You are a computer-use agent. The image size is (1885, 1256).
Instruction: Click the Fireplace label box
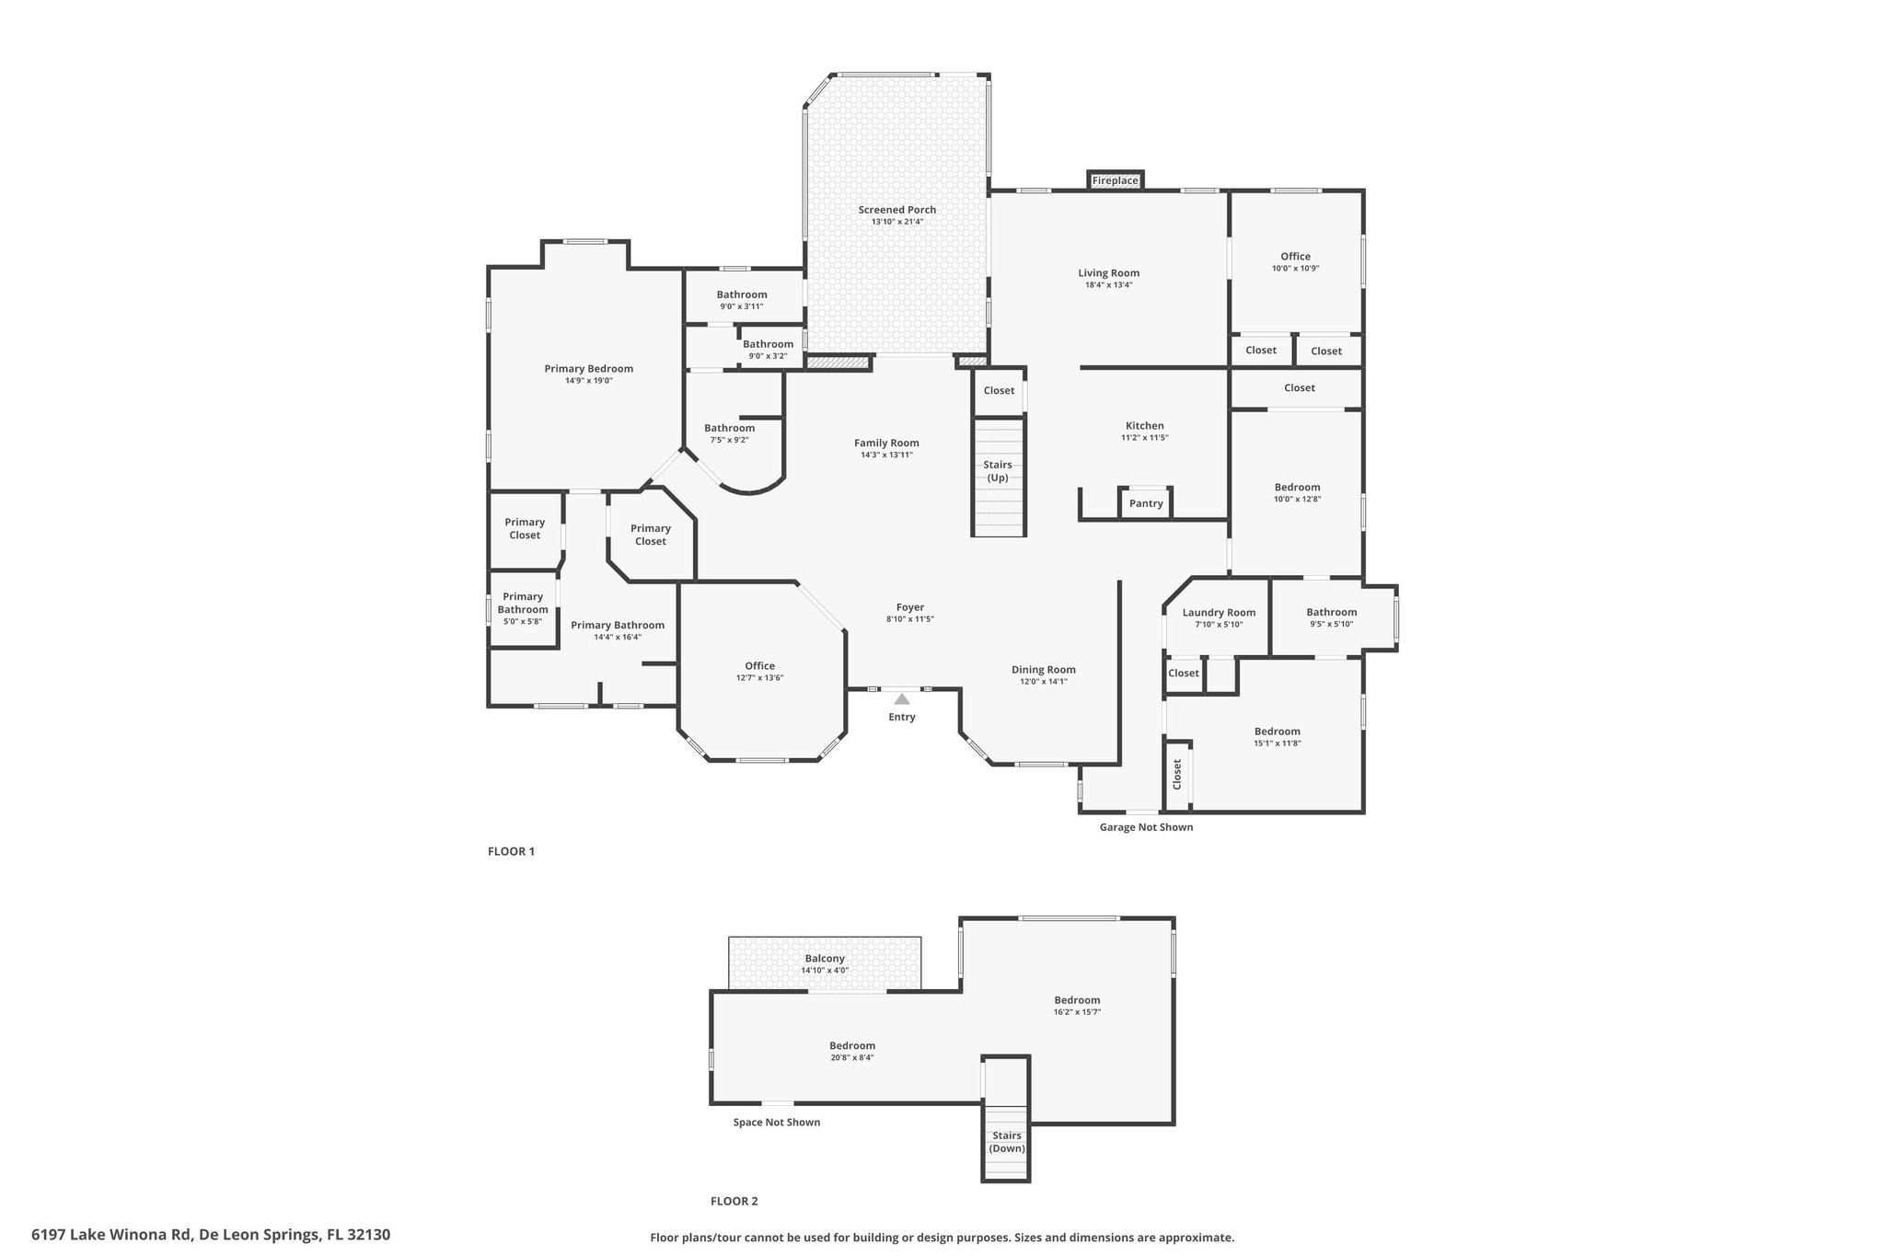(x=1115, y=180)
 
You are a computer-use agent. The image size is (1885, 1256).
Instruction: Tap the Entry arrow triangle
(x=902, y=699)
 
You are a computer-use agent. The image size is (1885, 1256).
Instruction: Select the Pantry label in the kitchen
(x=1146, y=503)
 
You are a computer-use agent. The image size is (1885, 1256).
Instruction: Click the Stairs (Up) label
(x=998, y=471)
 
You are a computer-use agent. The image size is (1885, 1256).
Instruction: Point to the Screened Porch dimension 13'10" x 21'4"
(x=897, y=222)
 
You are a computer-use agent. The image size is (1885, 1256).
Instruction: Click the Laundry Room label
(x=1219, y=613)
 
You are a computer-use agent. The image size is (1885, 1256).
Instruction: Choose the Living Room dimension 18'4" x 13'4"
(x=1108, y=285)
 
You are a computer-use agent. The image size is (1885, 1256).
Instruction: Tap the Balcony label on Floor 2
(x=825, y=958)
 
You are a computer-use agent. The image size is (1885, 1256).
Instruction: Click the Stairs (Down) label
(x=1007, y=1142)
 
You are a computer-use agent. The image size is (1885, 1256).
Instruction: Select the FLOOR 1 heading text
(x=511, y=851)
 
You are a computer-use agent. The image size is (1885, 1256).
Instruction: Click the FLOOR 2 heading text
(x=734, y=1201)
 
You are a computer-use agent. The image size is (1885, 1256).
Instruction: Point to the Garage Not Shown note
(x=1146, y=827)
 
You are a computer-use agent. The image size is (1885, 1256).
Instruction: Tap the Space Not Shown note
(x=777, y=1122)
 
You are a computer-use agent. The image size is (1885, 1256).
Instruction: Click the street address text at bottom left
(x=211, y=1234)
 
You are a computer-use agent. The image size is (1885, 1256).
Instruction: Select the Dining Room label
(x=1044, y=670)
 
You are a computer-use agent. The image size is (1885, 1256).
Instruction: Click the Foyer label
(x=910, y=607)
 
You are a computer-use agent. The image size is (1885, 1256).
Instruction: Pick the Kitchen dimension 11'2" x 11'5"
(x=1145, y=438)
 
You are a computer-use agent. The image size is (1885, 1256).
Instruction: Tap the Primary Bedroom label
(x=589, y=369)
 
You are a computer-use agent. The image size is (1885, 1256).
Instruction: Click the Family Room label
(x=886, y=443)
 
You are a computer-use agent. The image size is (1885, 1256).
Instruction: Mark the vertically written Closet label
(x=1176, y=774)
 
